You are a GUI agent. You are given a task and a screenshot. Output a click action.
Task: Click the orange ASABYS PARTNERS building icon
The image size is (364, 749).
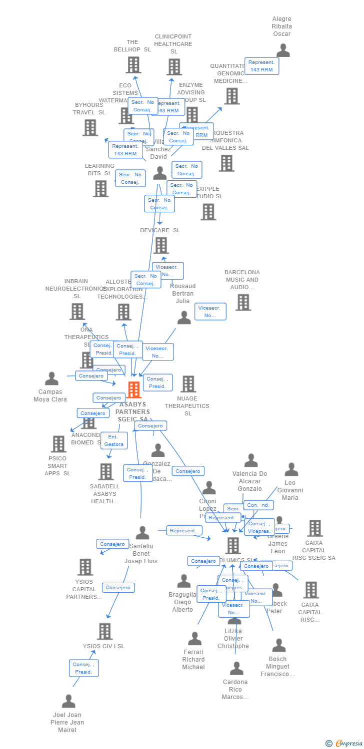coord(133,390)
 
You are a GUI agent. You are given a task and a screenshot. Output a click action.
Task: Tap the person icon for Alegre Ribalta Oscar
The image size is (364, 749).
coord(283,50)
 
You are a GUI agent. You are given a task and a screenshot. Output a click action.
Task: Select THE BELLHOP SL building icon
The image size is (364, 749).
coord(133,65)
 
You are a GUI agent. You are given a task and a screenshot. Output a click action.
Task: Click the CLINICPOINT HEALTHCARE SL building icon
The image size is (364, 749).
coord(174,67)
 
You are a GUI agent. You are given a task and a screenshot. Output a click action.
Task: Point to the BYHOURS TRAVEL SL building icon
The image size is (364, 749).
coord(90,128)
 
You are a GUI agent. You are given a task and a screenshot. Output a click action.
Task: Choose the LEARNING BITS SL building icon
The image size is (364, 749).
coord(100,188)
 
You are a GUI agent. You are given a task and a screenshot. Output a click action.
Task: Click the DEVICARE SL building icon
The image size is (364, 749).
coord(161,245)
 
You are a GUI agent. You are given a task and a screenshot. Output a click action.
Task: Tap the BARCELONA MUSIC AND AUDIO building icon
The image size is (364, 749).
coord(243,302)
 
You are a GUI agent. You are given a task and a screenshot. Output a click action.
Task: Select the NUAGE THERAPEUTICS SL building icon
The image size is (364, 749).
coord(188,384)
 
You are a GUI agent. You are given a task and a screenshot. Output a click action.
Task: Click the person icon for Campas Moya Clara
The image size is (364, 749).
coord(51,379)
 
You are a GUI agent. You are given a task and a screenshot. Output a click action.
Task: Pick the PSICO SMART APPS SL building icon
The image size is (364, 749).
coord(58,444)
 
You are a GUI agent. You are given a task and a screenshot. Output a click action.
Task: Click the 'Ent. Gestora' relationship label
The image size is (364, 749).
coord(114,440)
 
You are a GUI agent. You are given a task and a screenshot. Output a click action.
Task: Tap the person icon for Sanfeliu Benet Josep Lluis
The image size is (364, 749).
coord(142,533)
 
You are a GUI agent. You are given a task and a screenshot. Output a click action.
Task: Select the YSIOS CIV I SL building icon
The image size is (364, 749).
coord(104,631)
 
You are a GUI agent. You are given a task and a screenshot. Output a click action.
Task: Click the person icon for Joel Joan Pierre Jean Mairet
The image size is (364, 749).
coord(68,701)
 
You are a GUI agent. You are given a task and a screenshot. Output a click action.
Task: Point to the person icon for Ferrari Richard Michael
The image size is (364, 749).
coord(194,639)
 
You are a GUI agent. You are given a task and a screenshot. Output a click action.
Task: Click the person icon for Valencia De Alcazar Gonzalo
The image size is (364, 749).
coord(251,460)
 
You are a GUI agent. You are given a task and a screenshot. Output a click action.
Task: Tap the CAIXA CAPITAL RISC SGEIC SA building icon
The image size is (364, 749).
coord(315,528)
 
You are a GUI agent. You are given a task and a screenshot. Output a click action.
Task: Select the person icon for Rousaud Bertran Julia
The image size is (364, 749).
coord(184,318)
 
